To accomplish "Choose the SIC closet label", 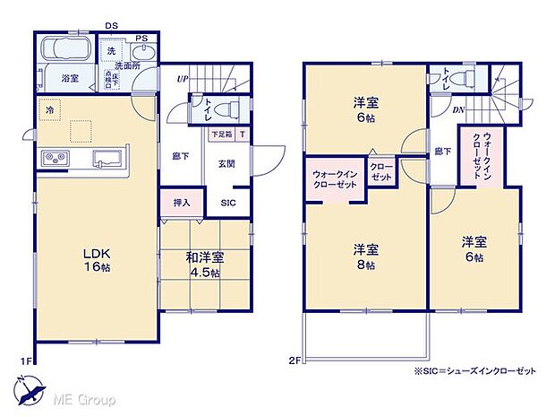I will pyautogui.click(x=229, y=204).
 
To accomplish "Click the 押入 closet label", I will pyautogui.click(x=182, y=203).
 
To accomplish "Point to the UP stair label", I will pyautogui.click(x=182, y=80).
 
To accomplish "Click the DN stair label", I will pyautogui.click(x=457, y=110).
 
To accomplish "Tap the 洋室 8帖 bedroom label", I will pyautogui.click(x=363, y=255).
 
